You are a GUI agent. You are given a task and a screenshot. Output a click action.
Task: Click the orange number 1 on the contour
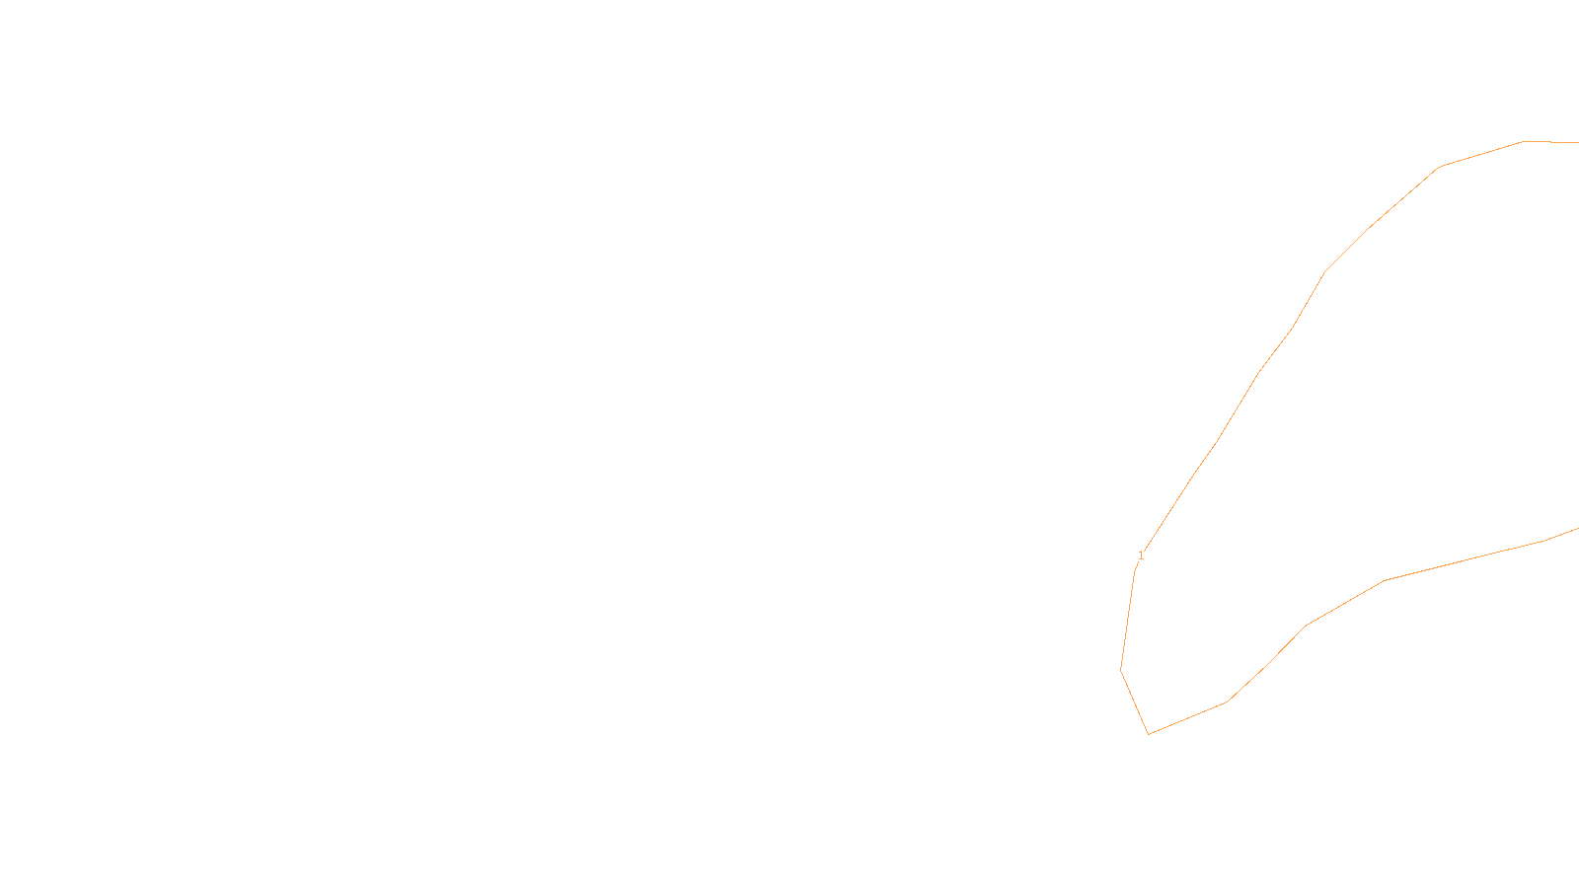1141,555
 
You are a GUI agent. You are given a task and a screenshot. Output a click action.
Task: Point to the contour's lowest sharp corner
1149,734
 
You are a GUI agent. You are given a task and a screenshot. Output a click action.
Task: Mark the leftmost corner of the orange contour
1121,671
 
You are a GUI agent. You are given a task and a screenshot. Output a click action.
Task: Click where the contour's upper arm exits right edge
1577,142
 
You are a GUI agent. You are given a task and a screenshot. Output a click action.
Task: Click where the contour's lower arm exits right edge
1577,529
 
